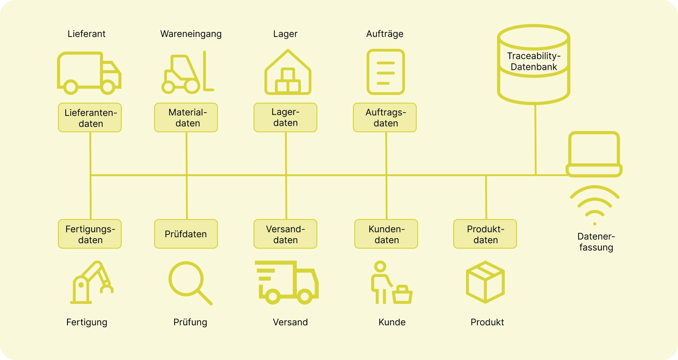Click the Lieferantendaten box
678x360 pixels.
point(90,118)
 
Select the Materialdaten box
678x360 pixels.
point(186,118)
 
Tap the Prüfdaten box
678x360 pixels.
point(186,234)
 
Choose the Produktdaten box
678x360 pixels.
point(485,234)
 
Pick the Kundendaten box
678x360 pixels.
point(386,234)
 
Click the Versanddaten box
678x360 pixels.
point(285,234)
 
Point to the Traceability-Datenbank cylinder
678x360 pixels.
point(533,64)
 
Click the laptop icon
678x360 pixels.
point(594,154)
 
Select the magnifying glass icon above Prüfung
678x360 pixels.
point(190,283)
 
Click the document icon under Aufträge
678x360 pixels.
point(386,72)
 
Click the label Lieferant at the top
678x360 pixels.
point(87,34)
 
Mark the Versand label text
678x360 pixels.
point(290,322)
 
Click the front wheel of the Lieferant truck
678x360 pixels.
point(108,87)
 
